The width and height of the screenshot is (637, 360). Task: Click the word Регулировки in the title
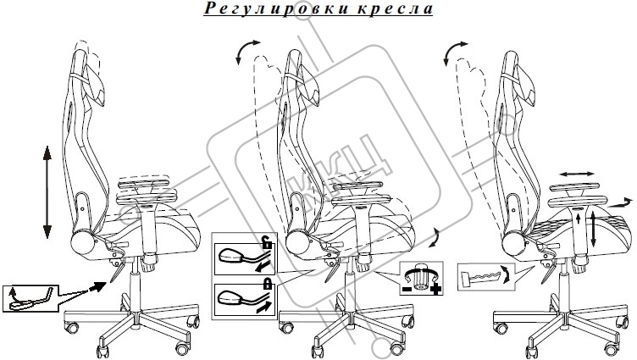pos(276,8)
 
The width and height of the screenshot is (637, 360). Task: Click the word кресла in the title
pos(396,9)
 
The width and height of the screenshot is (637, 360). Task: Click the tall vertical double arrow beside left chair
pos(47,191)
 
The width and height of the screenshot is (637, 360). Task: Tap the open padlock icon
pos(267,243)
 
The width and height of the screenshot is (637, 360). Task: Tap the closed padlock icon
pos(267,283)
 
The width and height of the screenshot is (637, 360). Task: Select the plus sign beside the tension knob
pos(435,290)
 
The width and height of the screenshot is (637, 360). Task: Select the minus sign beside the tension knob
pos(406,290)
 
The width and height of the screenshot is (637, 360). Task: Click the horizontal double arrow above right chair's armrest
pos(577,174)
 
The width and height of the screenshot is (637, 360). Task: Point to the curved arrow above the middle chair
pos(246,50)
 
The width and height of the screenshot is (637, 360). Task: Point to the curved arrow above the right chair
pos(452,51)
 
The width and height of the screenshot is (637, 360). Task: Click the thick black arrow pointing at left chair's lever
pos(97,287)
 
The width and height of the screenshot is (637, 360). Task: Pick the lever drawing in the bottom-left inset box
pos(30,300)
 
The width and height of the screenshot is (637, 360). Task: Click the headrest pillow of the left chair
pos(96,86)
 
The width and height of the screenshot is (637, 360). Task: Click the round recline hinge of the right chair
pos(513,245)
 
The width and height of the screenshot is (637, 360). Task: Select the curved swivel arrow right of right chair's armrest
pos(621,202)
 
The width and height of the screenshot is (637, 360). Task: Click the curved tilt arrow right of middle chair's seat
pos(436,237)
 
